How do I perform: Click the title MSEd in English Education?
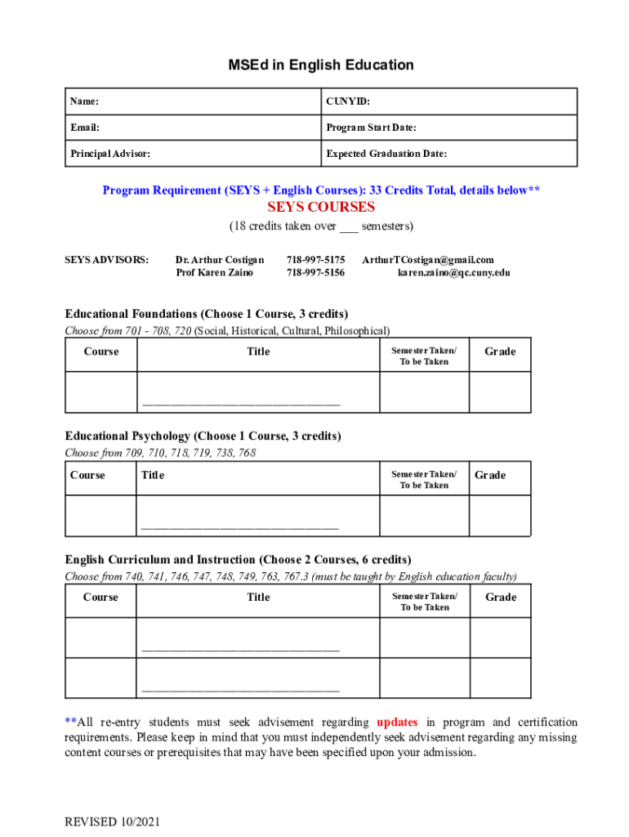[320, 65]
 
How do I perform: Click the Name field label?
[85, 101]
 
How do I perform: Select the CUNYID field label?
[348, 101]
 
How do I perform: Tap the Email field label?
[85, 128]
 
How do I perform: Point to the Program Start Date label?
[372, 128]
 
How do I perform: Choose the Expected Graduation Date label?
[386, 154]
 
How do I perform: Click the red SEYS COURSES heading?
[321, 207]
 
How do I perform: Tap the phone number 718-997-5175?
[315, 260]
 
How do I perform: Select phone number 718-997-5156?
[315, 272]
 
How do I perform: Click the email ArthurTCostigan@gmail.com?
[428, 260]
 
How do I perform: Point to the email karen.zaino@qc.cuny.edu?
[454, 272]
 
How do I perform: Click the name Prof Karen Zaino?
[215, 272]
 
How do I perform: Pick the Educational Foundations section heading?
[207, 314]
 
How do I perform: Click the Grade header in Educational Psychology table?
[490, 475]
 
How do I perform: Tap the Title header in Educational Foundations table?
[258, 351]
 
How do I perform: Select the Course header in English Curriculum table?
[100, 597]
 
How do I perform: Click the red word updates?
[397, 722]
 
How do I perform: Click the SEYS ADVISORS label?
[107, 260]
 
